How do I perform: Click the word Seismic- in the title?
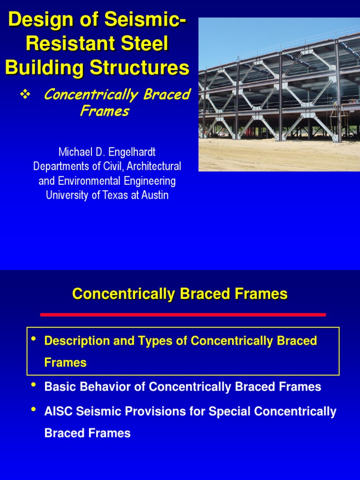(x=141, y=21)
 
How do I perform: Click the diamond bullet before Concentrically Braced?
(x=25, y=95)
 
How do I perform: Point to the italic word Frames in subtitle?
(x=104, y=112)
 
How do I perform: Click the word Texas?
(x=115, y=195)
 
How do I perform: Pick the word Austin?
(x=153, y=195)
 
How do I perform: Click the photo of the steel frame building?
(x=279, y=94)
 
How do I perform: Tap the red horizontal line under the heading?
(x=183, y=315)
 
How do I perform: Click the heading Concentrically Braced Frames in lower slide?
(x=180, y=294)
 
